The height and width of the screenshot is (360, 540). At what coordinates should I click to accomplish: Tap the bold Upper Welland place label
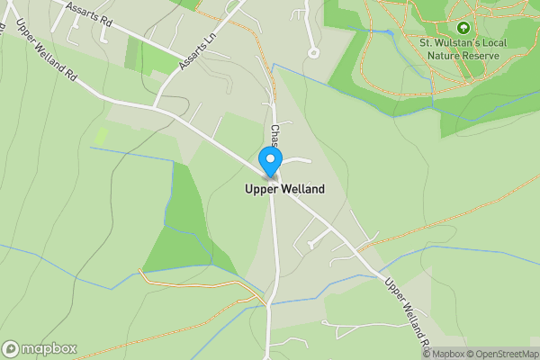click(x=284, y=190)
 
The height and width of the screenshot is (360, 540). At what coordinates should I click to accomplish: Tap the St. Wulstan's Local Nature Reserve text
click(x=463, y=49)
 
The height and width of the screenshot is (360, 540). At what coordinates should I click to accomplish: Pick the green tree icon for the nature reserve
click(x=463, y=28)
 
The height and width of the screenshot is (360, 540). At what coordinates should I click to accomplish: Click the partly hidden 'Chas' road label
click(x=276, y=138)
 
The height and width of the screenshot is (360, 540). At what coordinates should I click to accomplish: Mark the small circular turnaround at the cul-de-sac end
click(x=313, y=53)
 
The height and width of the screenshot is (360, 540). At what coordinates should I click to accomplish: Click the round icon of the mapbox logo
click(x=12, y=349)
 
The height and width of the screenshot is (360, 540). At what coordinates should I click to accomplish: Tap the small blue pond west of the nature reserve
click(x=389, y=32)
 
